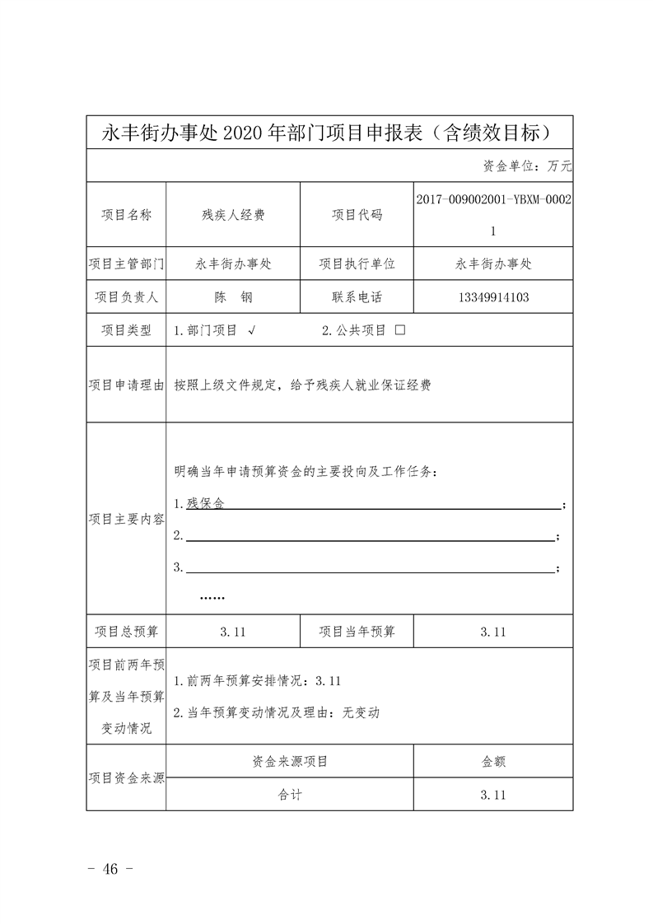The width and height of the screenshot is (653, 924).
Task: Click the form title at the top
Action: pos(329,132)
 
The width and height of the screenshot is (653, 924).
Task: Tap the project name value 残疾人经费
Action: pos(233,215)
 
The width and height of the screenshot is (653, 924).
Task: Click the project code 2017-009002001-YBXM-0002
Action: pos(492,199)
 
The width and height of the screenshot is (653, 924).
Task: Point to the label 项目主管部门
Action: pos(126,264)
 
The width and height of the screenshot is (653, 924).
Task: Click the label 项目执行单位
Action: pos(357,264)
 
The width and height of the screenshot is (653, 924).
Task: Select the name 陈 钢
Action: pos(233,297)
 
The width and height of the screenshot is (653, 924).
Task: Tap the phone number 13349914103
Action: pos(492,297)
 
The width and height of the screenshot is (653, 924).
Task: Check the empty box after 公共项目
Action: pos(400,330)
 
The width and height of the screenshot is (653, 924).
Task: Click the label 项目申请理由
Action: pos(126,385)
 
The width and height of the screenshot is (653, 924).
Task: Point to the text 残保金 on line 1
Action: pos(205,502)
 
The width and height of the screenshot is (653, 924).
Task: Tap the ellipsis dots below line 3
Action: pos(212,598)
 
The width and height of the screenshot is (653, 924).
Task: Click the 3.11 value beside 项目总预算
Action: pos(233,632)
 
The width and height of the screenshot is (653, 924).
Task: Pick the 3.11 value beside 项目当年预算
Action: pos(492,632)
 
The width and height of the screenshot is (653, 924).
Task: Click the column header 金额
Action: pos(492,762)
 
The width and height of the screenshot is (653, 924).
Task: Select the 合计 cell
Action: pos(290,796)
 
